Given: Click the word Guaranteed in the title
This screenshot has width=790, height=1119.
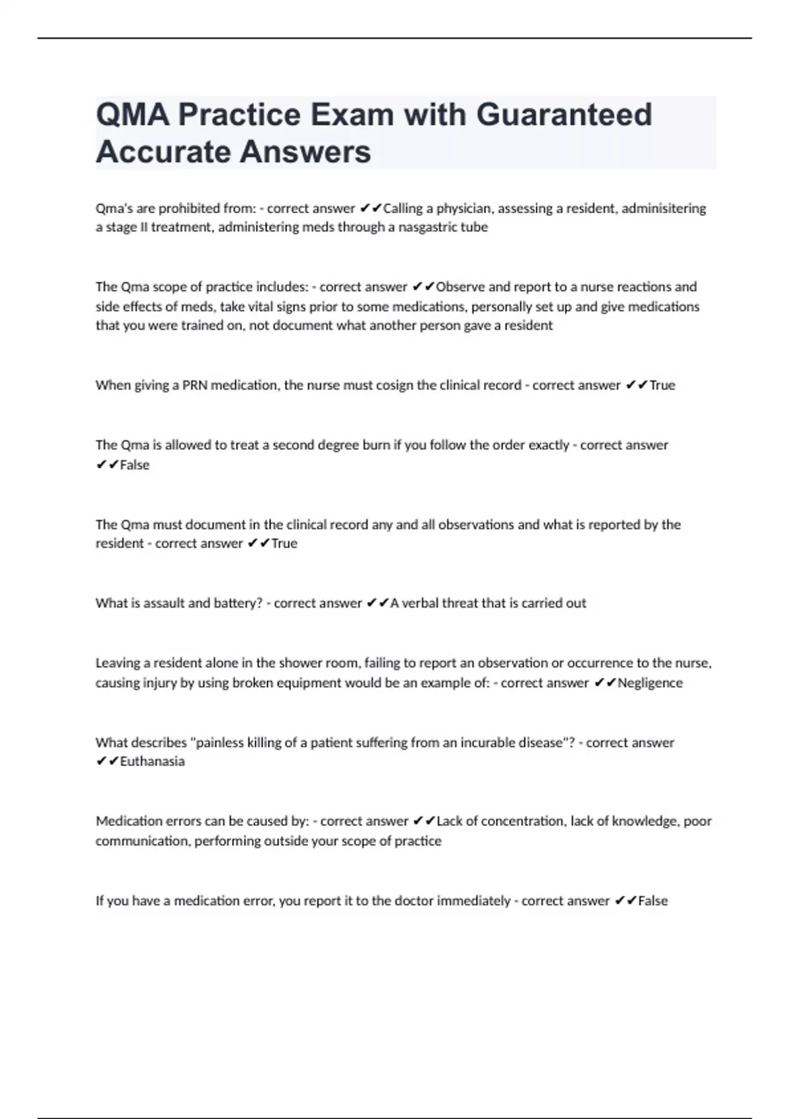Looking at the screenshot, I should coord(564,115).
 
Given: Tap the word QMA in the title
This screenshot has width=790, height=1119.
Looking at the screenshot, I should coord(132,115).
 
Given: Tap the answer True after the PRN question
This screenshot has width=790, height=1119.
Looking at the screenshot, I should coord(662,385).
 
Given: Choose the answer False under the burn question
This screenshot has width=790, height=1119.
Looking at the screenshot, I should coord(135,465).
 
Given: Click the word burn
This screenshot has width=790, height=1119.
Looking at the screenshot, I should coord(376,445).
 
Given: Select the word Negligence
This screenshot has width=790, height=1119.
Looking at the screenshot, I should coord(650,683).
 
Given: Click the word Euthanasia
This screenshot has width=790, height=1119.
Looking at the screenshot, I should coord(152,762).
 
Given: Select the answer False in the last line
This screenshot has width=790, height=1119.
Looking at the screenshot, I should coord(653,900).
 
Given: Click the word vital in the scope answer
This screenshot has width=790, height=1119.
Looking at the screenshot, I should coord(265,307).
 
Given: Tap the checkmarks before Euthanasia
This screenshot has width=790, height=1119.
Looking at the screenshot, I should coord(107,762).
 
